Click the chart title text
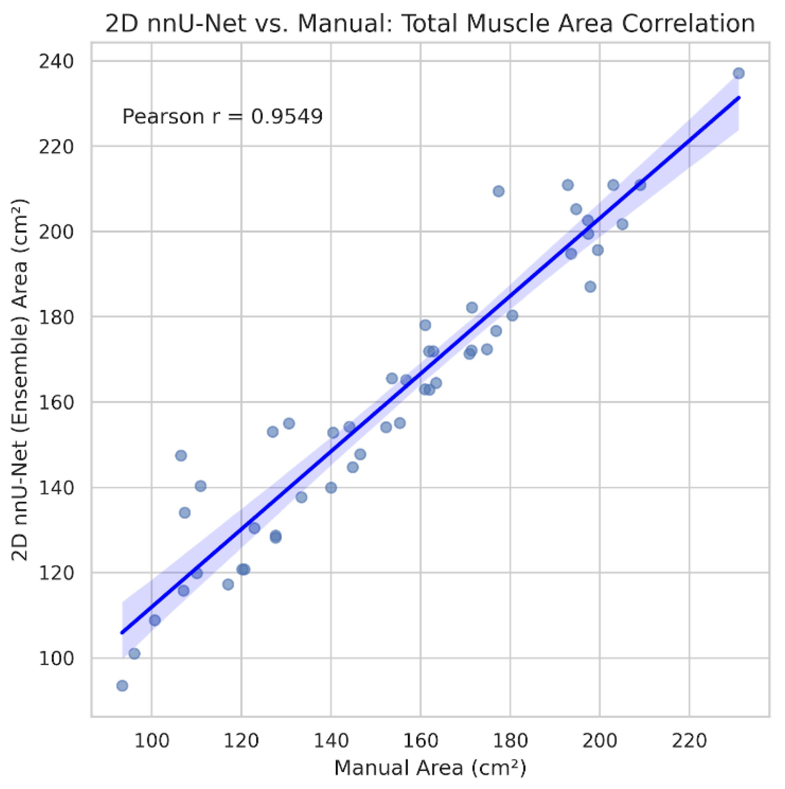tap(429, 23)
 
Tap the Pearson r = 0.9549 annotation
tap(222, 117)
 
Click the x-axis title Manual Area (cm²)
tap(429, 768)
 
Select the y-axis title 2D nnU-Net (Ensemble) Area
tap(20, 380)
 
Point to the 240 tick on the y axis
tap(56, 62)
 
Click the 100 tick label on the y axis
tap(56, 658)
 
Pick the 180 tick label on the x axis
tap(510, 741)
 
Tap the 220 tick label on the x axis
tap(689, 741)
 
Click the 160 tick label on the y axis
tap(56, 402)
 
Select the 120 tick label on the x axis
tap(241, 741)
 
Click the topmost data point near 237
tap(739, 74)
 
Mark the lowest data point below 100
tap(122, 686)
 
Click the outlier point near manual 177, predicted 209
tap(498, 191)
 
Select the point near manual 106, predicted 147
tap(181, 456)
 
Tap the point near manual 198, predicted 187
tap(590, 287)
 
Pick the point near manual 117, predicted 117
tap(228, 584)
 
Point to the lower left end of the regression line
tap(122, 633)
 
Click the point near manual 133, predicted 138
tap(301, 497)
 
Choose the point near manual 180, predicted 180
tap(512, 316)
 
